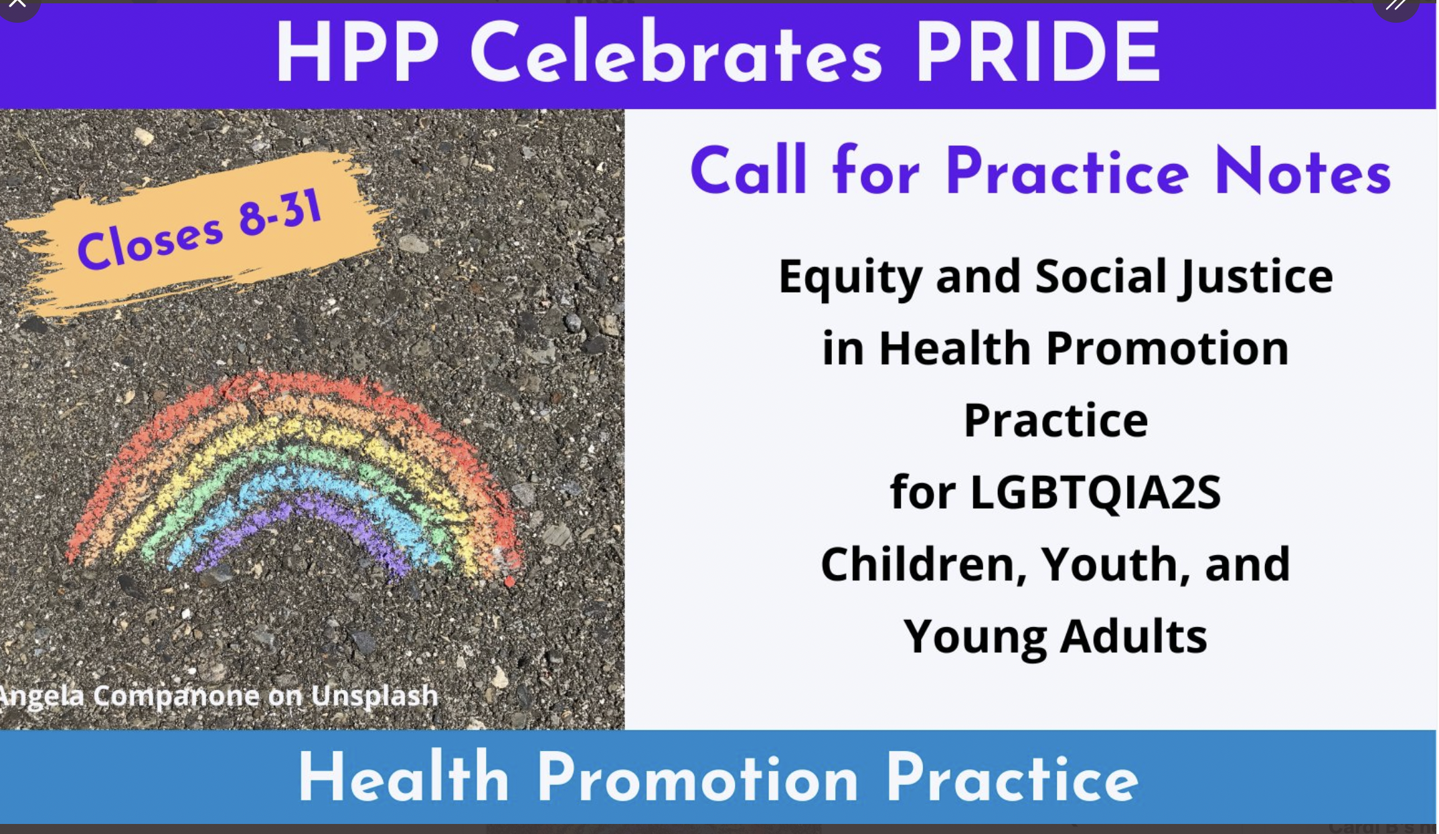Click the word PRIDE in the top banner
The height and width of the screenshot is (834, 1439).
coord(1037,52)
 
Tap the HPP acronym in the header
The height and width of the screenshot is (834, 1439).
coord(357,52)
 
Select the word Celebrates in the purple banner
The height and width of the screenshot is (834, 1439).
coord(676,52)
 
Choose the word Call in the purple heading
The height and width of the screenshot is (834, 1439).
coord(748,170)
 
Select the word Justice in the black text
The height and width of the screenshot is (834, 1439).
coord(1256,277)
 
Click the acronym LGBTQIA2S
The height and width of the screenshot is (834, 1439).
coord(1095,493)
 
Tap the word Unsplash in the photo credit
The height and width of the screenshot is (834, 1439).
coord(374,697)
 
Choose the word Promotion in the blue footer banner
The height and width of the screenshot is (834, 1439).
coord(697,778)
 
